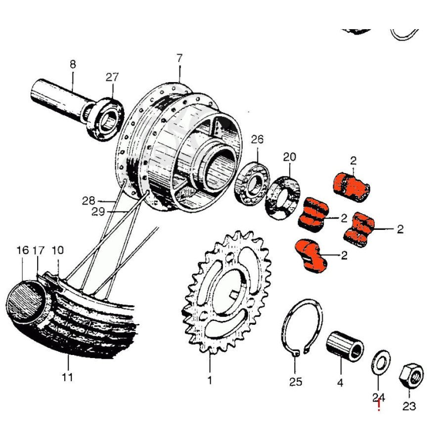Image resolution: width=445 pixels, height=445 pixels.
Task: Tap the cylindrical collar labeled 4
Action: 345,346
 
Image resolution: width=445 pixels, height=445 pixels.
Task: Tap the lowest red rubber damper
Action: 311,254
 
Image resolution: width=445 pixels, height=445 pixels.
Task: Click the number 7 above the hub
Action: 179,58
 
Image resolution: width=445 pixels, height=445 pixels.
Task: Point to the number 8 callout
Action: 73,64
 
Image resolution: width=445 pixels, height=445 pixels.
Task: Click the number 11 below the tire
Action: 68,377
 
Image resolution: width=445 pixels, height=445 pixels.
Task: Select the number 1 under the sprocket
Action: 210,381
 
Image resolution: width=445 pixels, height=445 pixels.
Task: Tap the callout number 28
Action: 89,201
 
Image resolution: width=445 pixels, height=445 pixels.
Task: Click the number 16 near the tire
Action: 23,250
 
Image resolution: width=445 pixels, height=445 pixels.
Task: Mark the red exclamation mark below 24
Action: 379,406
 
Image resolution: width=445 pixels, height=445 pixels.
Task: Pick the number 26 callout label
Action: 257,139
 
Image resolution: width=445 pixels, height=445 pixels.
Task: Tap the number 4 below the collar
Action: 340,382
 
